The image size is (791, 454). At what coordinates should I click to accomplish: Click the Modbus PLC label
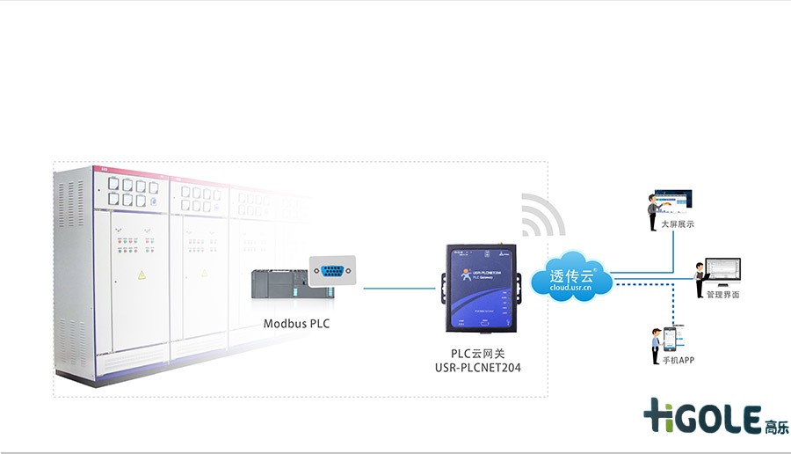tap(296, 323)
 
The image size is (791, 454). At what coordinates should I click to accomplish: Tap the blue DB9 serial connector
tap(333, 271)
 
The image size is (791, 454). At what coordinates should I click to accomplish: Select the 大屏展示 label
tap(678, 224)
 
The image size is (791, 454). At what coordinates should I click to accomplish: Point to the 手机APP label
tap(679, 361)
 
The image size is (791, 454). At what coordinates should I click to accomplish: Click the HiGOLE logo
tap(703, 416)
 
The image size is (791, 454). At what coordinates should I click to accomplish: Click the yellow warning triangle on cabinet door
tap(141, 275)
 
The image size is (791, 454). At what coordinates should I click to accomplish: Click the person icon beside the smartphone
tap(656, 347)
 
